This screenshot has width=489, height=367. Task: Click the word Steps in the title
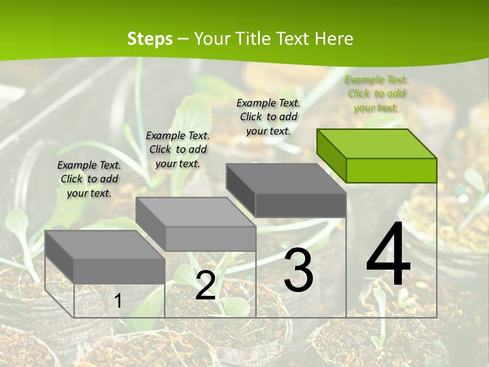coord(150,39)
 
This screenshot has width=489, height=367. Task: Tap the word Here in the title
coord(334,39)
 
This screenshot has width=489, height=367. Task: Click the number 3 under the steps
coord(298,270)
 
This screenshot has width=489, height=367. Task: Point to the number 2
coord(205,285)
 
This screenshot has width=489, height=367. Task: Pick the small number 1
coord(118,301)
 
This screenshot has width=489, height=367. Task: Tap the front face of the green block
coord(391,170)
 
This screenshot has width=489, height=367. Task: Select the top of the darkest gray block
coord(285,178)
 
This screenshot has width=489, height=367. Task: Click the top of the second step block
coord(196,212)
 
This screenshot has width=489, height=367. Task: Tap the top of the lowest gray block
coord(105,245)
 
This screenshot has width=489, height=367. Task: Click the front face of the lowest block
coord(119,271)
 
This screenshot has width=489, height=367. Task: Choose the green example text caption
coord(376,93)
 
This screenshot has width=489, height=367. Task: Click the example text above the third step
coord(268,117)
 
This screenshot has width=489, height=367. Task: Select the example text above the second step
coord(178,149)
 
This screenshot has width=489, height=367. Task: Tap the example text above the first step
coord(89,179)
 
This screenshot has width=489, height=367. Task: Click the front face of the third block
coord(301,205)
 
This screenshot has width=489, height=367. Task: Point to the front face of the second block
coord(210,239)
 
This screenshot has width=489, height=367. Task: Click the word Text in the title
coord(295,39)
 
